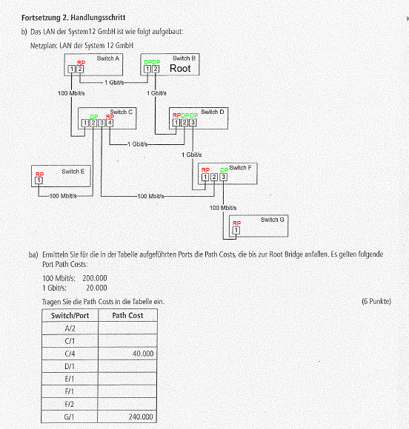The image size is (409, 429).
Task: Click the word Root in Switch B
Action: pyautogui.click(x=180, y=68)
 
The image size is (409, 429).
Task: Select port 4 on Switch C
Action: pyautogui.click(x=110, y=123)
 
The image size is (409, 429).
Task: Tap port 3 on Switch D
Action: pyautogui.click(x=193, y=122)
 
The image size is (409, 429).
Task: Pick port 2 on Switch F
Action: pyautogui.click(x=214, y=177)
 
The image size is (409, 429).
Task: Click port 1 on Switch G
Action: pyautogui.click(x=236, y=230)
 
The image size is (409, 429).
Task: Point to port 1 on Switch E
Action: pyautogui.click(x=39, y=180)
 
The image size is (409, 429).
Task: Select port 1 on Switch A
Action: pyautogui.click(x=72, y=69)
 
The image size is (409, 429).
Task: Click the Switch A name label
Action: pyautogui.click(x=108, y=58)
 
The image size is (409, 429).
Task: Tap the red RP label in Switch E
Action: pyautogui.click(x=39, y=175)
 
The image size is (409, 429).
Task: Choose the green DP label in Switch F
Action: pyautogui.click(x=225, y=170)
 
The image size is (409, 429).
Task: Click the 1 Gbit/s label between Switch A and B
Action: pyautogui.click(x=114, y=82)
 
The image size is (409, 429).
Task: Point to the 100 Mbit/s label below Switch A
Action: pyautogui.click(x=71, y=93)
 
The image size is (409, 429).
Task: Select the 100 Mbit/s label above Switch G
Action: pyautogui.click(x=223, y=208)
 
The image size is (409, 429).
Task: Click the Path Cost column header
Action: pyautogui.click(x=127, y=315)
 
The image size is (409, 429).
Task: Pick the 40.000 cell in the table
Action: pyautogui.click(x=143, y=354)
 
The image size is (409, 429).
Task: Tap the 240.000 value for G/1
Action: pyautogui.click(x=141, y=416)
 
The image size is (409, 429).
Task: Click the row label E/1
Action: pyautogui.click(x=70, y=379)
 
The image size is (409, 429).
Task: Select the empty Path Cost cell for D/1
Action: pyautogui.click(x=127, y=366)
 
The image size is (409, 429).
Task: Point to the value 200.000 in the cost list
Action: pyautogui.click(x=95, y=278)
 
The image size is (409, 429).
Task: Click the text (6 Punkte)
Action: pyautogui.click(x=376, y=301)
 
